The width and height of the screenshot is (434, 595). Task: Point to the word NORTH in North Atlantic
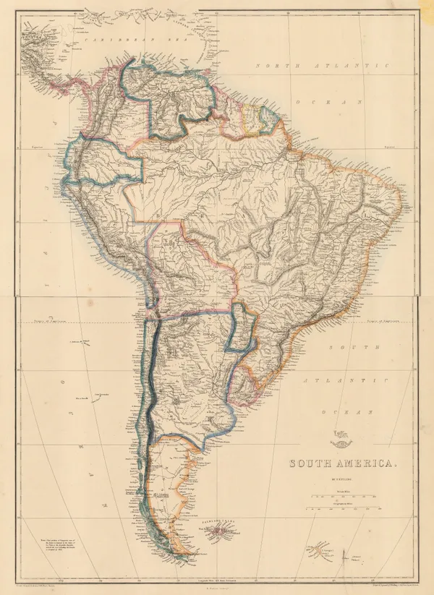274,66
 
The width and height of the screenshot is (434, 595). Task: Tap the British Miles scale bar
339,497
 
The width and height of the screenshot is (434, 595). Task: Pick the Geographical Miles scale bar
339,509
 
